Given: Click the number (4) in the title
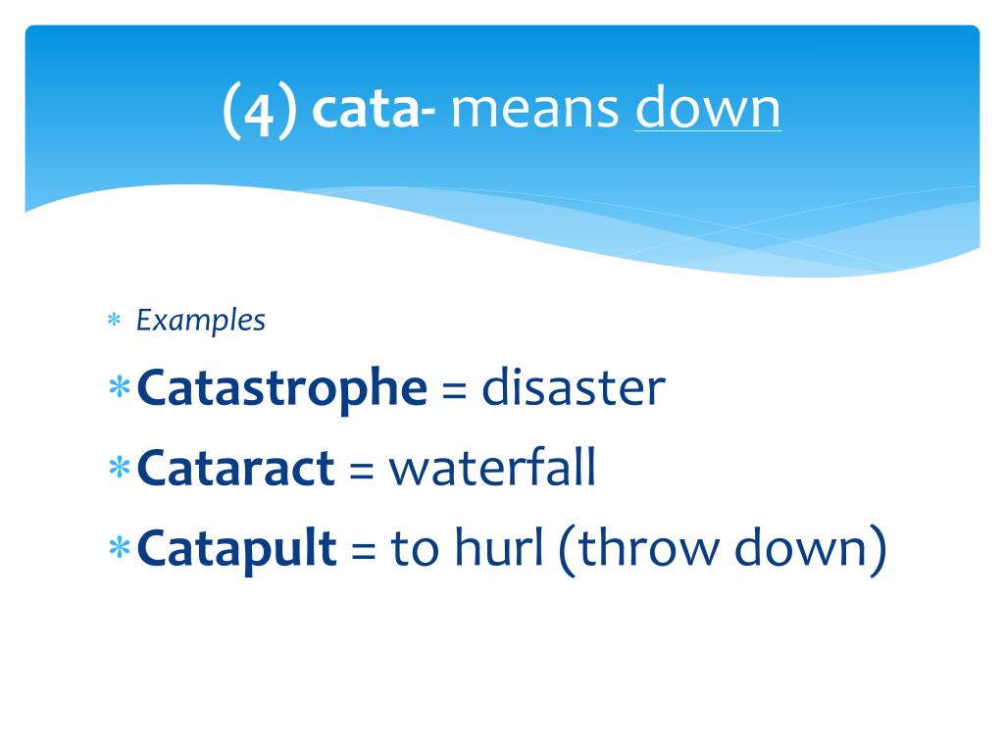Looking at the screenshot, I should click(x=259, y=110).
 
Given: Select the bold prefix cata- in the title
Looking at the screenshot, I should click(x=374, y=110).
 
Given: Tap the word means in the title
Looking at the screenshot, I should click(x=535, y=110).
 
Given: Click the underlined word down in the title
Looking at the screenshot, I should click(x=708, y=110).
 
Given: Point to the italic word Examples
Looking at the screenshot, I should click(x=200, y=321).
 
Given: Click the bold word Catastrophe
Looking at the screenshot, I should click(x=282, y=389).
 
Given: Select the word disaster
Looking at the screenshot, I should click(x=574, y=389).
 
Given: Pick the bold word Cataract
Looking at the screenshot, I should click(x=236, y=470).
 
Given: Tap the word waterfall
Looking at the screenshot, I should click(x=492, y=470).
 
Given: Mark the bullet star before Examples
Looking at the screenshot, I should click(x=114, y=322).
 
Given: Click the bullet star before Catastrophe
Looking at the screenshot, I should click(x=120, y=389).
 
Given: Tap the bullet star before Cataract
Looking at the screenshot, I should click(x=120, y=470).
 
